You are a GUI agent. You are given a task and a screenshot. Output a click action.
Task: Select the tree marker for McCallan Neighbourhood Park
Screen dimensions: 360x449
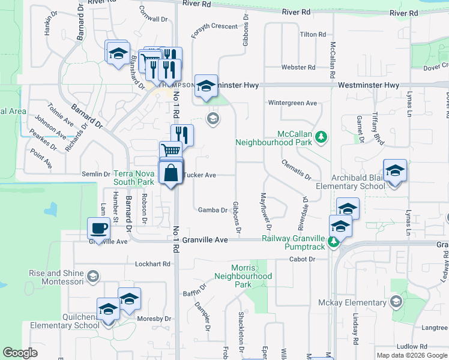(x=322, y=137)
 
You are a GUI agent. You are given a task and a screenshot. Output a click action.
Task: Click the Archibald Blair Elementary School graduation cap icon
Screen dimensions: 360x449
(x=395, y=171)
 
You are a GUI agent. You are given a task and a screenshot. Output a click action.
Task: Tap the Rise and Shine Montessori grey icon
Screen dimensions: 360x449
(x=92, y=276)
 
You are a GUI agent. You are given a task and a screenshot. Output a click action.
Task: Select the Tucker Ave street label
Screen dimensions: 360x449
(x=200, y=175)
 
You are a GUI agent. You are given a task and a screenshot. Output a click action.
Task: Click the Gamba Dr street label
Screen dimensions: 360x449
(x=213, y=210)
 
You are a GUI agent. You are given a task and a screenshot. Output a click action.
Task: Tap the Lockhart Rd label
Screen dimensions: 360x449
(x=153, y=263)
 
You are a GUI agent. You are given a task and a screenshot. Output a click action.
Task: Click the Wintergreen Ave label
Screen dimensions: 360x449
(x=292, y=103)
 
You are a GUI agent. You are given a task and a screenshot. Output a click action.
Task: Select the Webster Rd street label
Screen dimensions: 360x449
(x=294, y=67)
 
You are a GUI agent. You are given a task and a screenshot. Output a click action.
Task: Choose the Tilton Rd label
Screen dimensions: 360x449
(x=313, y=35)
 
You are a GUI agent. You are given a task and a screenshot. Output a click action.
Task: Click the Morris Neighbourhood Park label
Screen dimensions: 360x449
(x=244, y=276)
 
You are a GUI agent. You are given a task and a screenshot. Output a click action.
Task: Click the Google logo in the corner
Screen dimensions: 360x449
(x=20, y=352)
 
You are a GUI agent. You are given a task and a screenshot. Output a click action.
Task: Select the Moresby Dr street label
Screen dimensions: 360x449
(x=154, y=319)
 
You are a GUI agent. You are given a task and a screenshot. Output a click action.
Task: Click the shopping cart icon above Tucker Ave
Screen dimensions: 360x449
(x=170, y=151)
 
